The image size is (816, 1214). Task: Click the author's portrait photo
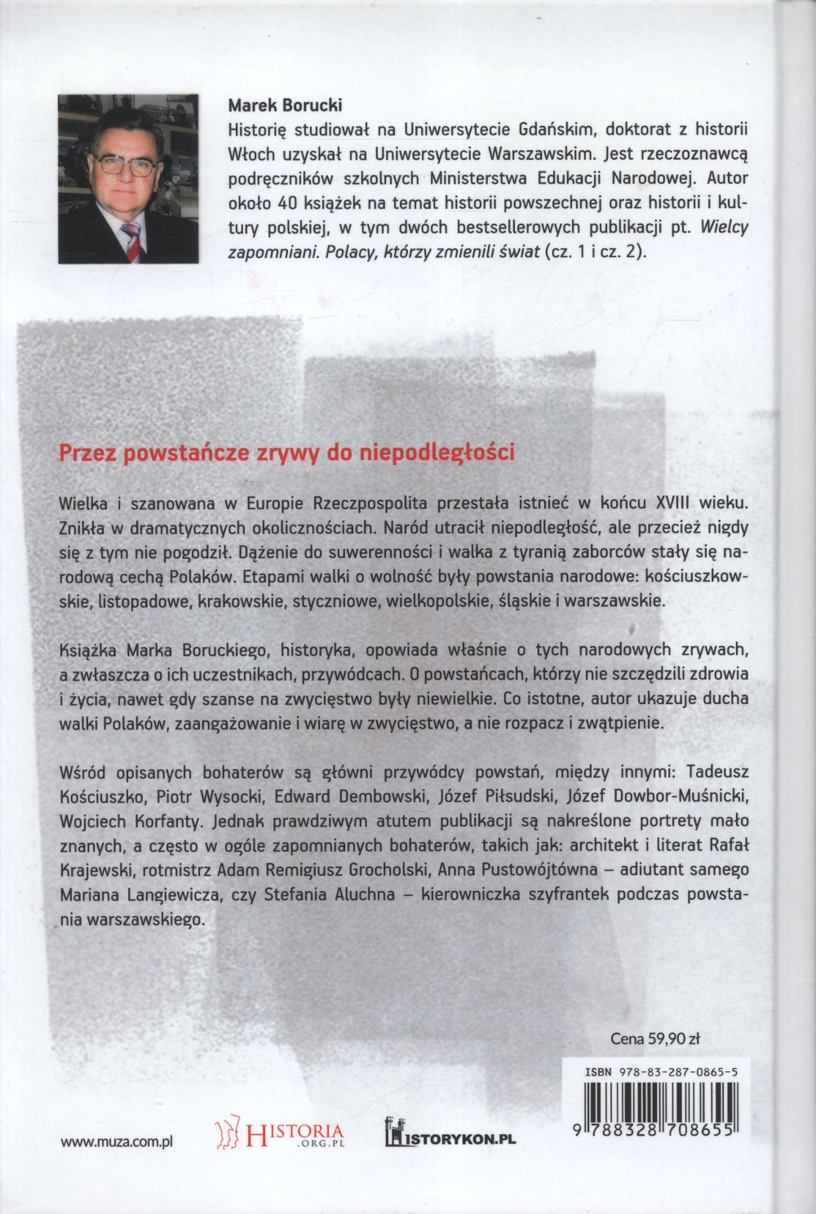(128, 179)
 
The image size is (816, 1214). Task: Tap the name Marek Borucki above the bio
(285, 105)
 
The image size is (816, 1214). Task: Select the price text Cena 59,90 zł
(655, 1039)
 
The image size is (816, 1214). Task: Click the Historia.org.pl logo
(279, 1132)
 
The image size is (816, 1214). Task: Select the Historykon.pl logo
(450, 1134)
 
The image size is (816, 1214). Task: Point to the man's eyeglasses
(126, 164)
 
